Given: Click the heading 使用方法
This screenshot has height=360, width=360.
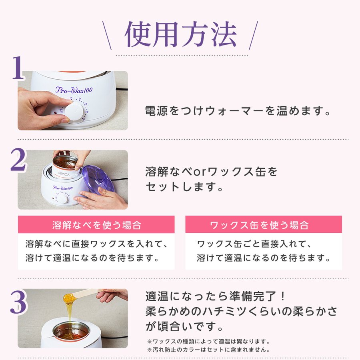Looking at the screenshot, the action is click(181, 34).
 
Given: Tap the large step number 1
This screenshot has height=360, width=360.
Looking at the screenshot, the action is click(18, 68).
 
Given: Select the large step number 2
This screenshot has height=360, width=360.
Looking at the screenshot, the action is click(18, 160).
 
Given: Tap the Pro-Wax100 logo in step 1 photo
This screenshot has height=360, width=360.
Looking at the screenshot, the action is click(74, 90).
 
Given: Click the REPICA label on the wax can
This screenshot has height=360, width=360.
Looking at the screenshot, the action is click(64, 174).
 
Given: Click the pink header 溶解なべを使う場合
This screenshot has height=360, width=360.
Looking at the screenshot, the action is click(96, 225).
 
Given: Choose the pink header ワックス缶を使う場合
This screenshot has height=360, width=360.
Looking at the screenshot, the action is click(264, 225).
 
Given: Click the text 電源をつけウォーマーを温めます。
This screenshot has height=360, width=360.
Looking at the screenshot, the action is click(238, 111).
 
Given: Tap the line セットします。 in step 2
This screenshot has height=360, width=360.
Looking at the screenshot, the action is click(184, 186).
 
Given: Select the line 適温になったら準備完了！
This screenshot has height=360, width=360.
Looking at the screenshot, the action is click(215, 296).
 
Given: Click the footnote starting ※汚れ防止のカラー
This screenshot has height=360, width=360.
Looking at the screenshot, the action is click(208, 350).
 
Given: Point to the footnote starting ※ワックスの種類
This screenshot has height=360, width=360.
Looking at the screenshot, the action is click(208, 342).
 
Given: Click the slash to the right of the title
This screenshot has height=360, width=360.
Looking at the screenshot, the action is click(254, 35).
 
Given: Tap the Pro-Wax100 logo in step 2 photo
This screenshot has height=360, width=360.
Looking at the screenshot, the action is click(63, 188).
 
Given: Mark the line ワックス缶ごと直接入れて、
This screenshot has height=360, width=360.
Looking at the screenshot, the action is click(254, 244).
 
